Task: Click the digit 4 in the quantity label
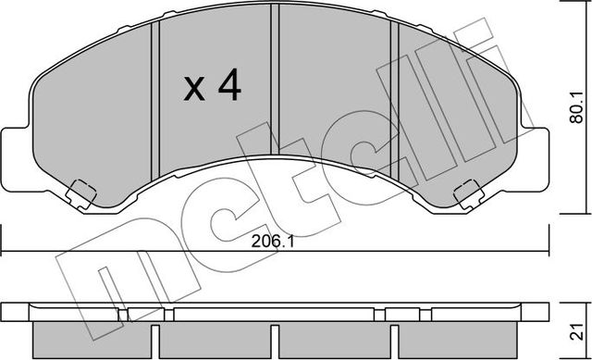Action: click(228, 87)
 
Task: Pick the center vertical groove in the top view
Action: click(274, 83)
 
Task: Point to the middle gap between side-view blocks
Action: click(274, 336)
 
